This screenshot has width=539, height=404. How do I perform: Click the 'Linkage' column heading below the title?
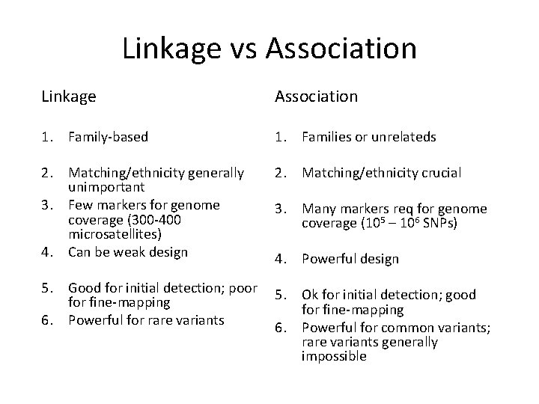(69, 97)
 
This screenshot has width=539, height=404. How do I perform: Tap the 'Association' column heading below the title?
(316, 97)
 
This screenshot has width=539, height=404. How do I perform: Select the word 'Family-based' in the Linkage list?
(108, 137)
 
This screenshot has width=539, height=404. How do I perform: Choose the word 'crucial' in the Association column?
(439, 173)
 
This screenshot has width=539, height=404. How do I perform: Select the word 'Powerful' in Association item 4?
(327, 259)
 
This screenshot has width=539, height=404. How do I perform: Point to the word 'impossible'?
(334, 357)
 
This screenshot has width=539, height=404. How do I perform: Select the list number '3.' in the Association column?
(282, 209)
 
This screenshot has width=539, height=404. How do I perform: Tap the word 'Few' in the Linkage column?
(80, 204)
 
